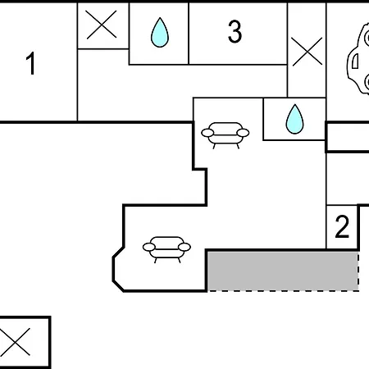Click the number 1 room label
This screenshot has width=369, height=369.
pos(30,63)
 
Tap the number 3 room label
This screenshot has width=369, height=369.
pos(235,32)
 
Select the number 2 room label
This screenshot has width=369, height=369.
pos(342,226)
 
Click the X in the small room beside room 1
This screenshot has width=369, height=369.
pos(101,25)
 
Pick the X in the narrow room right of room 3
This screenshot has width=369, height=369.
pos(307,52)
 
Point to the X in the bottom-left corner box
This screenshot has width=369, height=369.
pos(15,342)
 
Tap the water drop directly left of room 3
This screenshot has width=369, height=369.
pos(160,33)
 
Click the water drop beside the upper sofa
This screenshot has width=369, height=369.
pos(294,119)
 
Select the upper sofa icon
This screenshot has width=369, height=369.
pos(225,135)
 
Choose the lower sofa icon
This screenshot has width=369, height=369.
pos(166,249)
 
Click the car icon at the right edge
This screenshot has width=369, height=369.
pos(358,59)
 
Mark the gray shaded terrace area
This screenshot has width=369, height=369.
pos(283,271)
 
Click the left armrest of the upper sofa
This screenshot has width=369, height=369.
pos(207,133)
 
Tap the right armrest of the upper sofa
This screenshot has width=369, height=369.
pos(243,133)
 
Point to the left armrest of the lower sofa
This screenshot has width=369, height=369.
pos(149,247)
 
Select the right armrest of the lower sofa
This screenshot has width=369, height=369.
pos(184,247)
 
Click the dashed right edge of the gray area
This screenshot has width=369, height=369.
pos(358,271)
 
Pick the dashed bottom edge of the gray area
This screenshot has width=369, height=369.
pos(283,291)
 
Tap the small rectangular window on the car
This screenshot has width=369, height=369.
pos(355,61)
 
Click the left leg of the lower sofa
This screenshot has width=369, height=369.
pos(155,261)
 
